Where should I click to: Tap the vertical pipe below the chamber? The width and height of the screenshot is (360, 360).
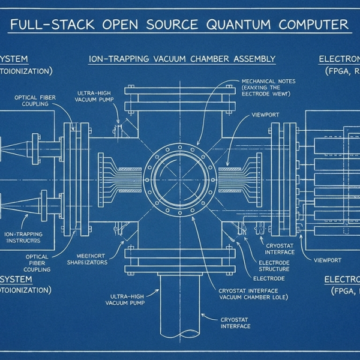[180, 312]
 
